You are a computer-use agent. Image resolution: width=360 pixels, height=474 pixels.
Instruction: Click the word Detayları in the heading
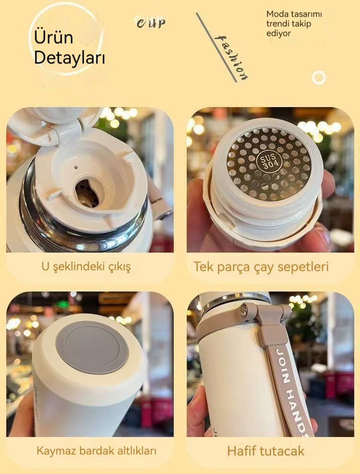pos(70,57)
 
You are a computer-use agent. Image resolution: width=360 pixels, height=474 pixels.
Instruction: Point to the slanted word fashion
pos(231,58)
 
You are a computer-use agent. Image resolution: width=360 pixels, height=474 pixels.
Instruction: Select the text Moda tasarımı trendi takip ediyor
pos(294,24)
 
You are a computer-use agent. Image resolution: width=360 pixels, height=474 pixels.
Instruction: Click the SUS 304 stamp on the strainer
pos(267,162)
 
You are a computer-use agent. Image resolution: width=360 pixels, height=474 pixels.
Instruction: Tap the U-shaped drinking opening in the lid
pos(87,193)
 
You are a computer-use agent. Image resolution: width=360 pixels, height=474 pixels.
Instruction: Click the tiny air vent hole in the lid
pos(76,167)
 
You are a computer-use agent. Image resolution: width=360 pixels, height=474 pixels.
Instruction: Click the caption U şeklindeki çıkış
pos(86,267)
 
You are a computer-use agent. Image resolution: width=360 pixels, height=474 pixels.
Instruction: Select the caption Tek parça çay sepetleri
pos(261,267)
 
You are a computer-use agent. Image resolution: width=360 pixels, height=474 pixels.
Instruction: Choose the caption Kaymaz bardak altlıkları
pos(96,451)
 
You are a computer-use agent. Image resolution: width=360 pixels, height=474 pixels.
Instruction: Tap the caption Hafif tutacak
pos(266,451)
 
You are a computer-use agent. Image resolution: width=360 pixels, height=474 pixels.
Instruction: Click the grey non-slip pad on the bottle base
pos(93,347)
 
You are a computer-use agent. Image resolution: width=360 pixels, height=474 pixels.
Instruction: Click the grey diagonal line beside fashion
pos(216,48)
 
